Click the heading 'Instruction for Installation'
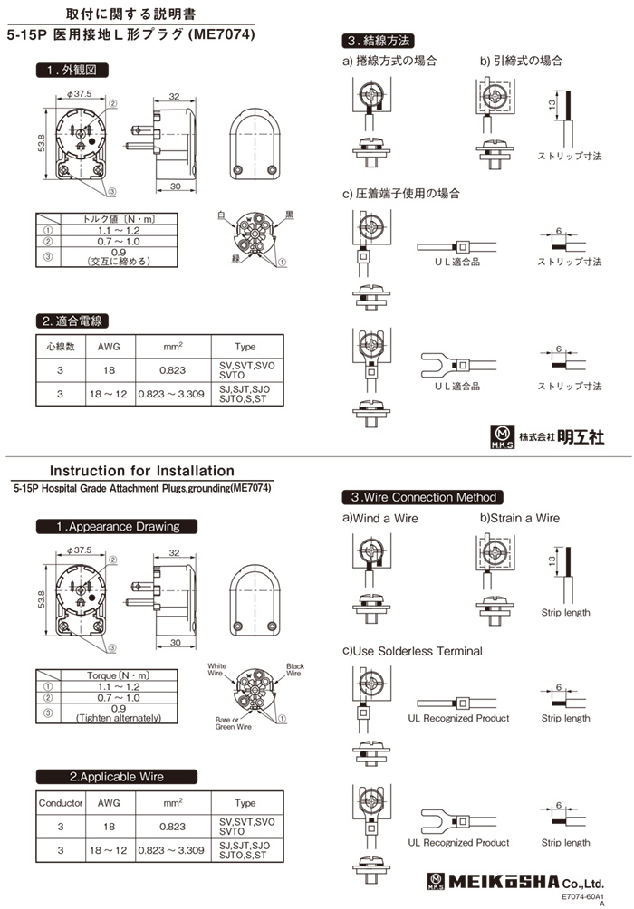point(141,471)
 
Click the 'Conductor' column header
point(61,803)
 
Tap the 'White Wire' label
point(216,669)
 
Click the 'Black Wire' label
point(295,669)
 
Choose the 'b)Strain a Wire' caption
point(520,519)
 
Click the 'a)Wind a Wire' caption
point(380,519)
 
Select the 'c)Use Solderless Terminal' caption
point(412,651)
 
